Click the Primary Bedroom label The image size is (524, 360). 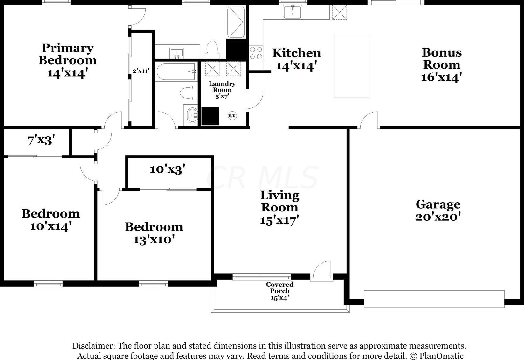[x=67, y=54]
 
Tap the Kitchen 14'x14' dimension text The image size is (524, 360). [x=297, y=66]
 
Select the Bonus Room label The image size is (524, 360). [x=442, y=59]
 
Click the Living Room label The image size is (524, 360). [x=279, y=201]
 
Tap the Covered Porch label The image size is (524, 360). [x=279, y=287]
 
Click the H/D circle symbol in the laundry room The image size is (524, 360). [x=232, y=116]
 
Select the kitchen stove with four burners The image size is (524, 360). [x=256, y=53]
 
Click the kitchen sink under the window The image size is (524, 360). [x=293, y=12]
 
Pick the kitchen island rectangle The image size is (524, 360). [x=352, y=67]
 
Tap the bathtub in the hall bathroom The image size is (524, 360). [x=176, y=72]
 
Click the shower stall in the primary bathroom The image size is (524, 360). [x=236, y=22]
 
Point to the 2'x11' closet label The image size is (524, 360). [x=141, y=70]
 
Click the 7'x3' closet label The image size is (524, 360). [x=41, y=141]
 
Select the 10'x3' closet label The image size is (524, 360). [x=168, y=170]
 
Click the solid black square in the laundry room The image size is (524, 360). [x=210, y=116]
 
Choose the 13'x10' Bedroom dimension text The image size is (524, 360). [x=154, y=239]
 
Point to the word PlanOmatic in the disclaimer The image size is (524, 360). [x=441, y=356]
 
